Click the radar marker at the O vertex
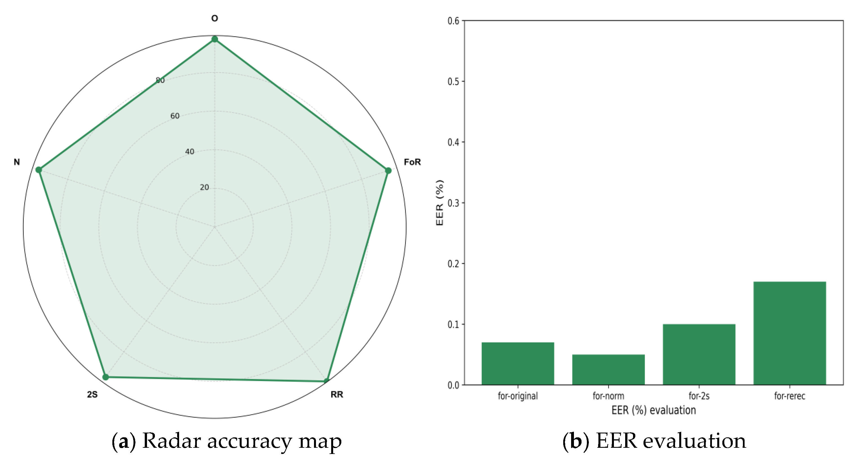coord(215,39)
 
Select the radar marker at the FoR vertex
coord(388,171)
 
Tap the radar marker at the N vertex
coord(39,170)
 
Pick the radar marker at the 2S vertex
coord(106,377)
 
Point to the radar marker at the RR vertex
coord(326,381)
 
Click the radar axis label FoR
coord(412,162)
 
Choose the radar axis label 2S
coord(92,395)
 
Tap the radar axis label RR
coord(337,395)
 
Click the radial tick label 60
coord(175,116)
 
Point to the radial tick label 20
coord(204,187)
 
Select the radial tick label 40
coord(190,152)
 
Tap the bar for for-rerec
coord(789,333)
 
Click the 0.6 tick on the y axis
coord(453,21)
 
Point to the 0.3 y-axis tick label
coord(453,203)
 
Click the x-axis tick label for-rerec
coord(789,396)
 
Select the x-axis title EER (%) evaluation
coord(653,410)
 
